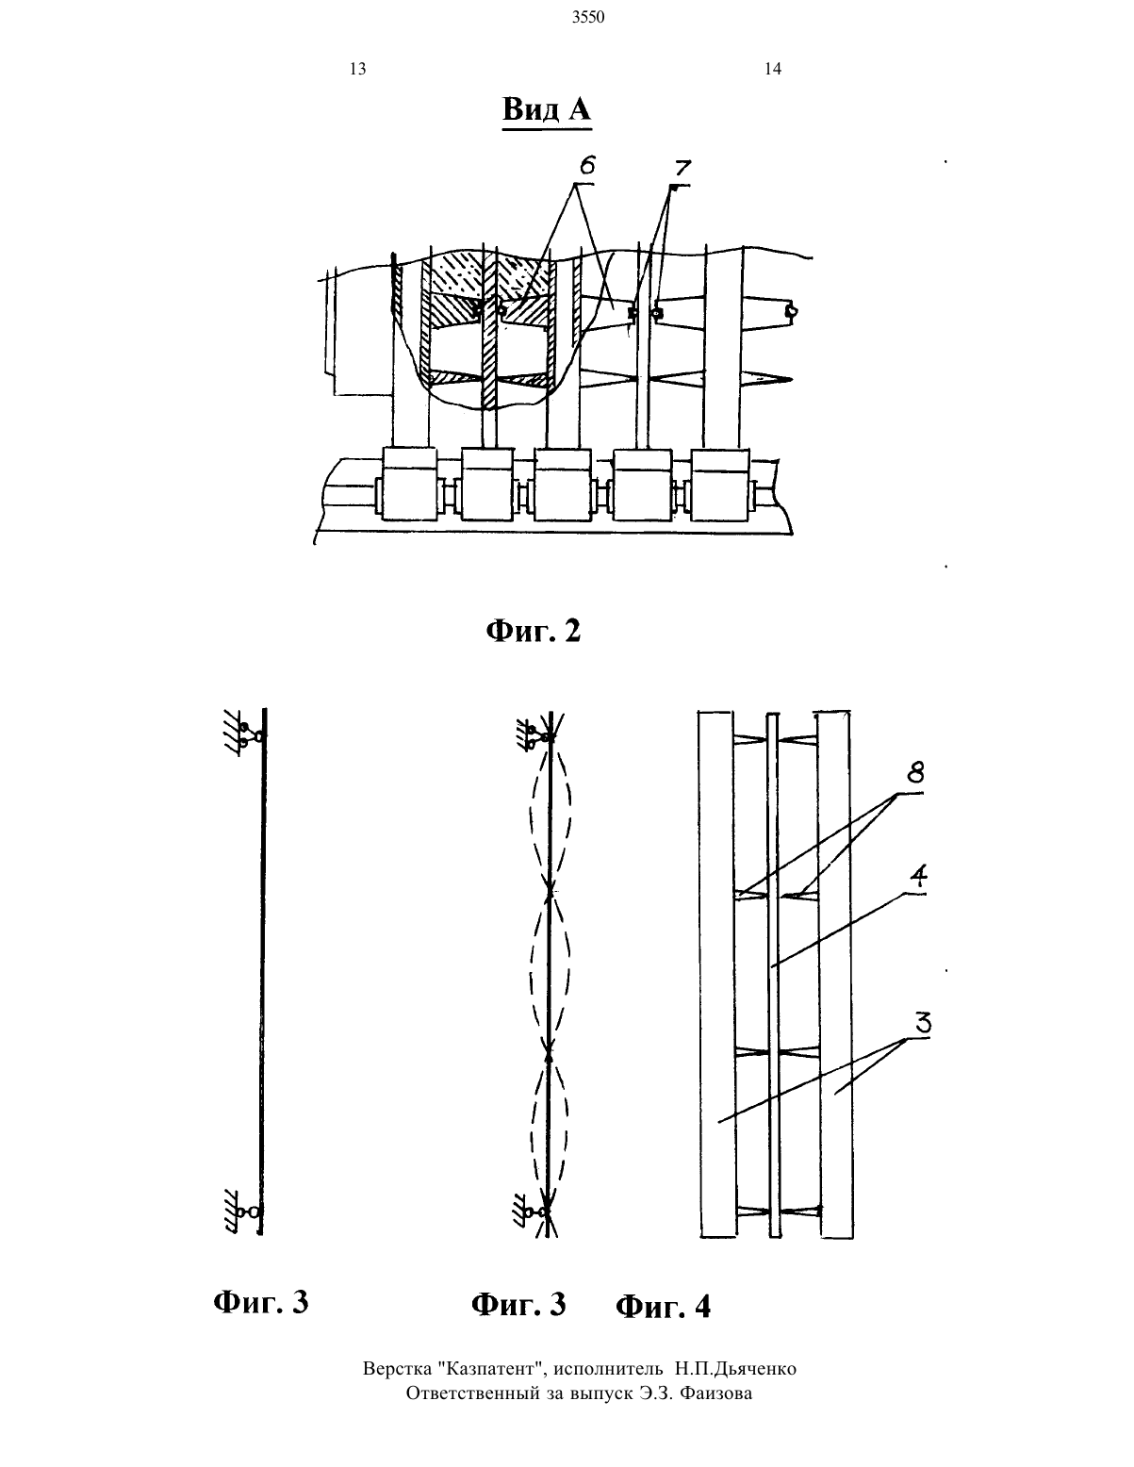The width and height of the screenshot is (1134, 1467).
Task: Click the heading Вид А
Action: click(547, 108)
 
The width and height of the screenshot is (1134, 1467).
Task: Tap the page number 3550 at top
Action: click(588, 18)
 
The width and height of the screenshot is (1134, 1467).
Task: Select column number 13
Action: click(358, 69)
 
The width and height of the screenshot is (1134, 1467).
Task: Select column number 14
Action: click(773, 69)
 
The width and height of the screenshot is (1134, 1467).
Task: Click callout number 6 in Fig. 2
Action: click(587, 165)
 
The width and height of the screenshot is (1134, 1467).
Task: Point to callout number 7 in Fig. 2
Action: click(682, 169)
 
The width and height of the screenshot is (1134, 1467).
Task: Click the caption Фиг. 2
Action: click(534, 631)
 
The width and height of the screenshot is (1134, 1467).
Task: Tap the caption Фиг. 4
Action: click(663, 1307)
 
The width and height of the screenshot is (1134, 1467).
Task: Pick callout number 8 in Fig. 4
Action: click(915, 773)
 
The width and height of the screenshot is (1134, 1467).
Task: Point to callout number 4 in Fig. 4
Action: click(918, 876)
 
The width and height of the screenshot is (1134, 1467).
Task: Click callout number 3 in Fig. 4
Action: click(923, 1024)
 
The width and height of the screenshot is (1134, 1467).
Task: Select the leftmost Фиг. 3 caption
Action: click(260, 1302)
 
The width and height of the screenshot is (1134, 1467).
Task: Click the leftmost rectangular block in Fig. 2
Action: click(409, 484)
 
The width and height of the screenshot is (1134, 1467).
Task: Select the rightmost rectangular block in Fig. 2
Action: click(719, 484)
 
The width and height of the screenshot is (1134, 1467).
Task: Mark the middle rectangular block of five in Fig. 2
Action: click(563, 484)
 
